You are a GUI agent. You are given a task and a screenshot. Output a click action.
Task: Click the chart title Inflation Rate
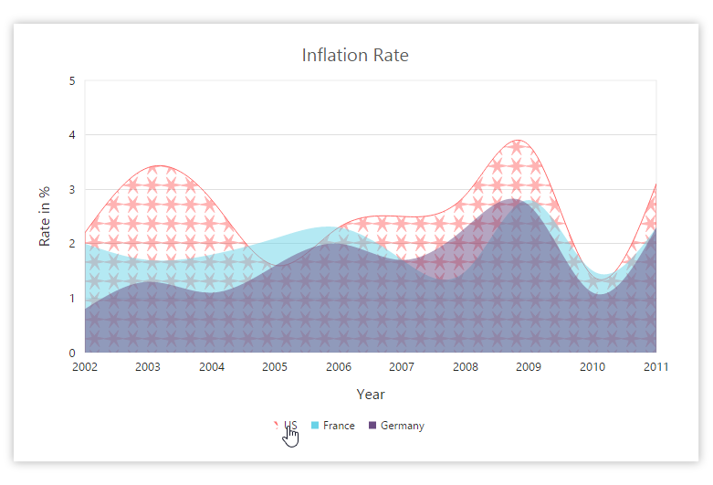pos(355,56)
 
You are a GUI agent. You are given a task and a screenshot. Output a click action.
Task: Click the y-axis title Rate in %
pos(44,216)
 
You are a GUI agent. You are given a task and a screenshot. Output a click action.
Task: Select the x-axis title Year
pos(371,395)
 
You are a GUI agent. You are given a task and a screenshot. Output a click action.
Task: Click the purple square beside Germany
pos(372,426)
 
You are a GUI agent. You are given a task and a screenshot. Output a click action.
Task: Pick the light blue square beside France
pos(315,426)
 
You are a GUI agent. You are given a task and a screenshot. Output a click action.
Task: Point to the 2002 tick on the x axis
pos(85,367)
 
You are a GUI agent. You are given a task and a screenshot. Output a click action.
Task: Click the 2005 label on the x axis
pos(275,367)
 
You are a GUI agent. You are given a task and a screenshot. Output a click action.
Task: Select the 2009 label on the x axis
pos(529,367)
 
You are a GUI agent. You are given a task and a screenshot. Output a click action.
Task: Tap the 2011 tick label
pos(655,367)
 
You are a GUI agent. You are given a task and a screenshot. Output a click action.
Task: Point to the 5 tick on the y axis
pos(72,81)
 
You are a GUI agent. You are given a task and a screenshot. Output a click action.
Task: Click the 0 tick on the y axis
pos(72,353)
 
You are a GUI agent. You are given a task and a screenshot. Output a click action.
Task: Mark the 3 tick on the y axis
pos(72,190)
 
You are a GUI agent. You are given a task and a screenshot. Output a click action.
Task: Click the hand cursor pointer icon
pos(290,437)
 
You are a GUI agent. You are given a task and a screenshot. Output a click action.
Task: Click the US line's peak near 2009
pos(518,141)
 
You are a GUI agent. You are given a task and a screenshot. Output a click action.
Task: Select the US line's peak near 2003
pos(161,166)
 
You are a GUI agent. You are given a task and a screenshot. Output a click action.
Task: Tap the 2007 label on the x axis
pos(402,367)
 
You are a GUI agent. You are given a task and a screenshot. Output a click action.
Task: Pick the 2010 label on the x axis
pos(592,367)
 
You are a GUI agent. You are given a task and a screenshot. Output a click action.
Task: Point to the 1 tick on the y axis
pos(72,299)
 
